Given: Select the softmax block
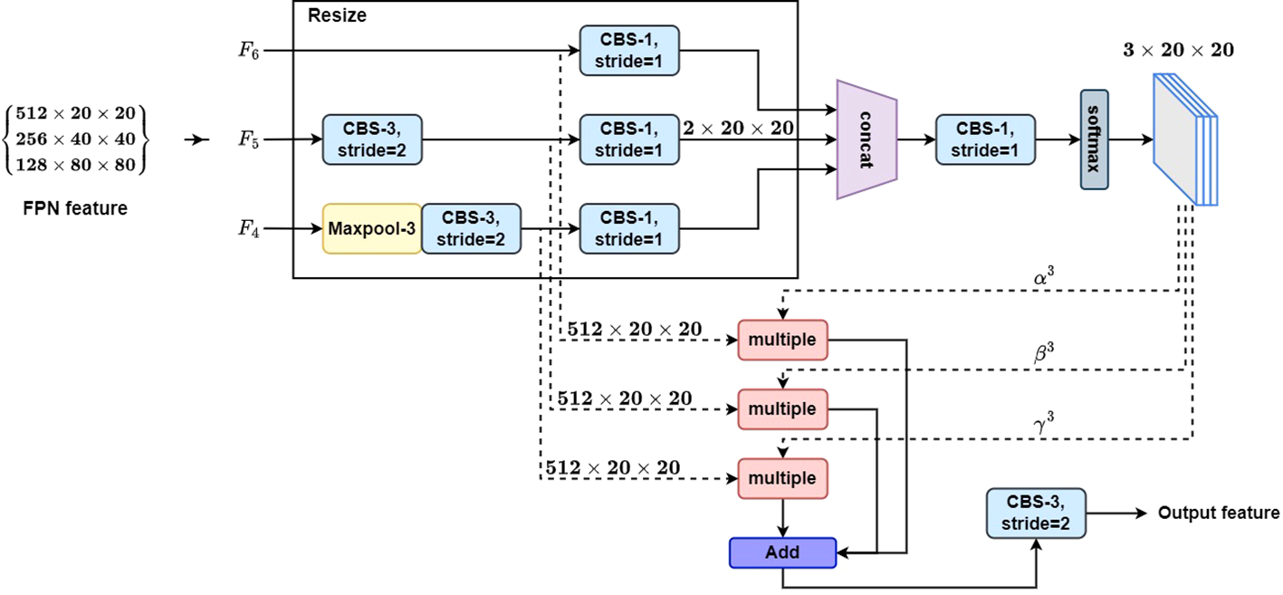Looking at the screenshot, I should coord(1094,139).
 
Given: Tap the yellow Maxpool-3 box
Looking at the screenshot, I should coord(371,229).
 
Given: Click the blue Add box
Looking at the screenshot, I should coord(782,552).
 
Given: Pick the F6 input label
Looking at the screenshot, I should coord(247,52).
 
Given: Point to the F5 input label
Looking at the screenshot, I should coord(247,140).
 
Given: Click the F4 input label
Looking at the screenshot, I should coord(247,229).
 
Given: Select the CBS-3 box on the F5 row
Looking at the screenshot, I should coord(372,139).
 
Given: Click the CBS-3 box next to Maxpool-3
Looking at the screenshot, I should coord(471,229).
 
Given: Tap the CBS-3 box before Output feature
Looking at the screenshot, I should coord(1035,513).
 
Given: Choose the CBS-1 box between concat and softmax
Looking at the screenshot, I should coord(986,139).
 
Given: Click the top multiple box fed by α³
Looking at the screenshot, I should coord(782,339).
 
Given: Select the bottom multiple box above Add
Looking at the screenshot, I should coord(782,478).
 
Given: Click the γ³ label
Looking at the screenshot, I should coord(1044,421).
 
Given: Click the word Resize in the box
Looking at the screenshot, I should coord(337,15).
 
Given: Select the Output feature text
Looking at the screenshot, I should coord(1219,513).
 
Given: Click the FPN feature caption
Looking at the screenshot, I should coord(75,209).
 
